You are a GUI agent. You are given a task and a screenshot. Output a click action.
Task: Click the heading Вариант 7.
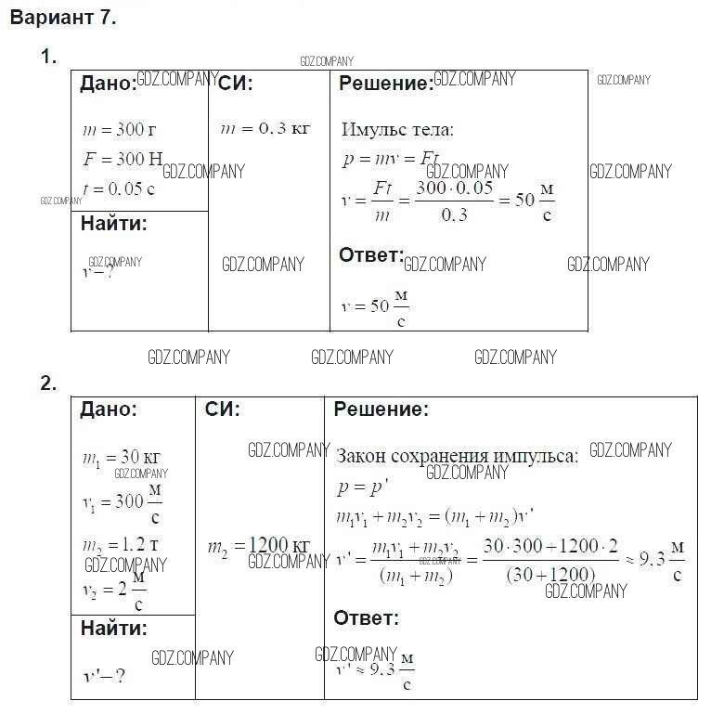63,18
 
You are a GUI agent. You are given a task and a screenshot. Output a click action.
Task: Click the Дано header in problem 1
108,84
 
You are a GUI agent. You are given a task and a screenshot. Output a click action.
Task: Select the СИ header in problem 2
222,409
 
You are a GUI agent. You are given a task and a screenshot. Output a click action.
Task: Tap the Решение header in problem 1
385,84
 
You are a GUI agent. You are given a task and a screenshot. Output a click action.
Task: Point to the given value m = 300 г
119,130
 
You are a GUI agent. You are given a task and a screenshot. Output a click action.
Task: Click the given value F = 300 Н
122,159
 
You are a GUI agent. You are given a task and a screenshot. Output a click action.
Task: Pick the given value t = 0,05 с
119,188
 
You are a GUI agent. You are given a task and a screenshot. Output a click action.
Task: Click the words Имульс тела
397,130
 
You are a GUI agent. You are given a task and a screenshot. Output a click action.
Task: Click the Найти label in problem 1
113,223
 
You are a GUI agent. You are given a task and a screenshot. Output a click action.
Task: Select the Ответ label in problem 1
370,255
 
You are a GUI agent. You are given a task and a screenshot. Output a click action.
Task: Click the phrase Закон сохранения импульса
457,456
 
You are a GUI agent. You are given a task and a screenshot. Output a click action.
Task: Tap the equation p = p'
357,487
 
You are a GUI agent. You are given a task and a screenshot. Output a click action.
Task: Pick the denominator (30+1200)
550,575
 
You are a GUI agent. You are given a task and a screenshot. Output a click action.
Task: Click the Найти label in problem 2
113,629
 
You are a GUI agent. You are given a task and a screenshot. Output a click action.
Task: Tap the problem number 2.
48,383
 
